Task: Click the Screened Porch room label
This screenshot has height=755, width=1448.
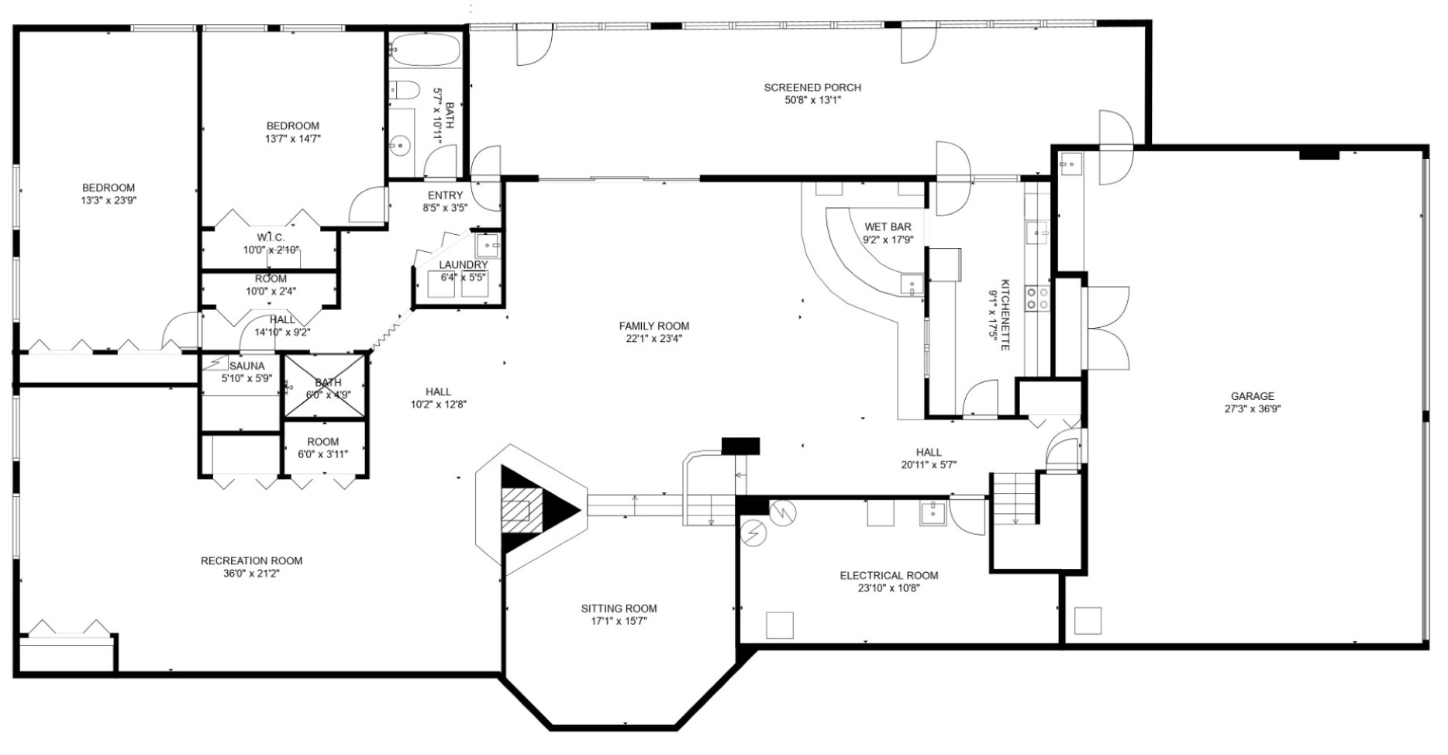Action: point(812,88)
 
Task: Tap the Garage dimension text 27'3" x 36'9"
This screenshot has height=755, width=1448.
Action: point(1252,409)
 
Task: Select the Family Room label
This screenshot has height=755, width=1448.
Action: point(653,326)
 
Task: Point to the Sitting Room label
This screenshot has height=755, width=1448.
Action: point(619,608)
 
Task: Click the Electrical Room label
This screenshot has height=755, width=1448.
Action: point(889,575)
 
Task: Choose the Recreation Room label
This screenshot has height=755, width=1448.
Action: point(251,560)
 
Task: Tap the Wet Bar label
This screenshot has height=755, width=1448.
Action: point(888,226)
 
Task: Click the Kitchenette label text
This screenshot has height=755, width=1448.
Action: point(1005,315)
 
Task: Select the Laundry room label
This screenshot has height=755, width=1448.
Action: point(464,265)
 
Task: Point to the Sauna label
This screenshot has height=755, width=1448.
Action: point(247,366)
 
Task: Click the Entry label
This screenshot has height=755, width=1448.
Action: point(445,195)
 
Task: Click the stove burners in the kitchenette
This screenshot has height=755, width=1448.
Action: point(1037,298)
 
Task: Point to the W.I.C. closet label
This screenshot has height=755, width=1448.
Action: point(271,236)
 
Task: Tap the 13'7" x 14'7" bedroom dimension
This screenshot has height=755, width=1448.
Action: point(292,139)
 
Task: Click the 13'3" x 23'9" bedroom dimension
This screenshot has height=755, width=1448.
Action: point(109,200)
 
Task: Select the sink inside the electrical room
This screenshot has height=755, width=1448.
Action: point(933,513)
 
